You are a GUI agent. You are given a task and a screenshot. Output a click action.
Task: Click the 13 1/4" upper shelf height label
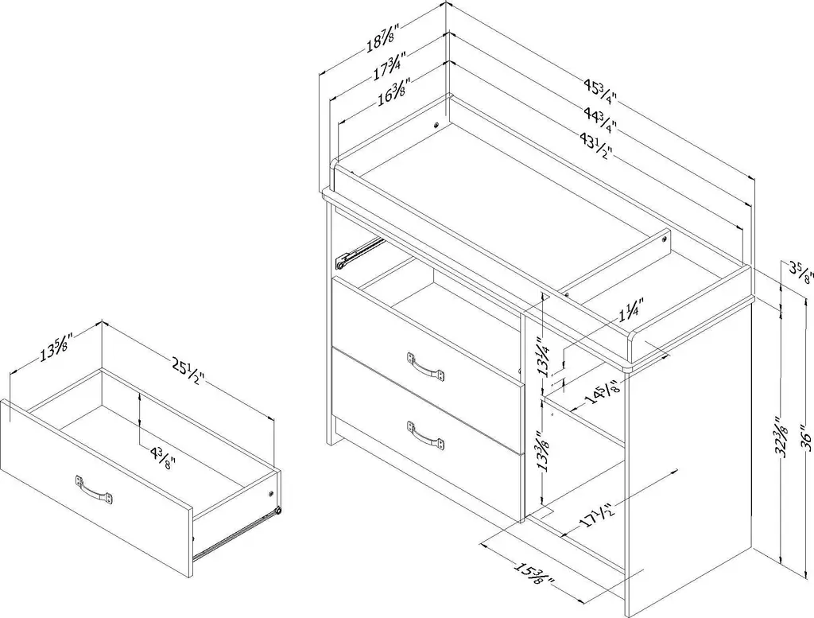pyautogui.click(x=544, y=356)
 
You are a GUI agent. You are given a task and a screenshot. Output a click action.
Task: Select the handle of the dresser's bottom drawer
pyautogui.click(x=424, y=435)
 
